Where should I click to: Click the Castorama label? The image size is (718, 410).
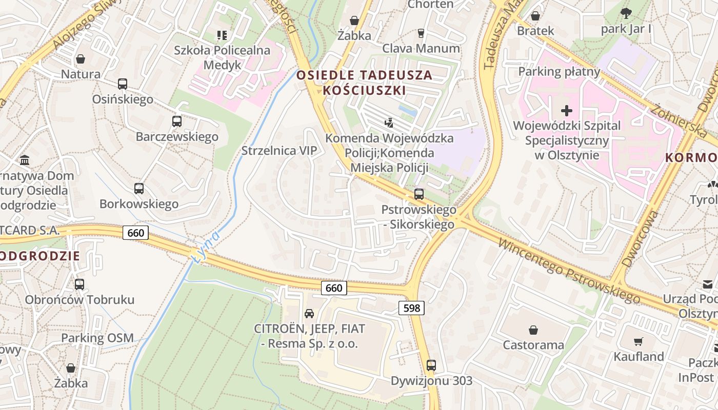[x=533, y=345]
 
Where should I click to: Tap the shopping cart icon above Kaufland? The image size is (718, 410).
[x=639, y=341]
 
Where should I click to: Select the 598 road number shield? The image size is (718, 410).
[x=411, y=308]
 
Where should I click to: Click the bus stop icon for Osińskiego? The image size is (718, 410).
[x=123, y=84]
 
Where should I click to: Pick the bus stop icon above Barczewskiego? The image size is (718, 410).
[x=177, y=121]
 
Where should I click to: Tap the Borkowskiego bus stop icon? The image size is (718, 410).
[x=139, y=189]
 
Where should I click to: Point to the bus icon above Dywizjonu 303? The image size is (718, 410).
[x=431, y=365]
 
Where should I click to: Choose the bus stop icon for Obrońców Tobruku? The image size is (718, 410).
[x=79, y=284]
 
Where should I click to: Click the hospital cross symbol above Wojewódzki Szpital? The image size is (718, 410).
[x=567, y=111]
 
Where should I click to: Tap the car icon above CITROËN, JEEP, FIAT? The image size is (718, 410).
[x=309, y=314]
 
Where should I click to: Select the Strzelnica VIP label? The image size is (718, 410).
[x=280, y=151]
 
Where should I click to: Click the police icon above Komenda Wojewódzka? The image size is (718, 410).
[x=389, y=122]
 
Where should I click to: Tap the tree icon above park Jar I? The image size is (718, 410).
[x=626, y=13]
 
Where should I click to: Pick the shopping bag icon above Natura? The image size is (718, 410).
[x=81, y=59]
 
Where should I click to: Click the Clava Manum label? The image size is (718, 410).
[x=421, y=48]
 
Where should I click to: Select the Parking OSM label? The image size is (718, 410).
[x=97, y=338]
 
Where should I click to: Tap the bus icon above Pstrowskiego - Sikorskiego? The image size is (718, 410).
[x=419, y=194]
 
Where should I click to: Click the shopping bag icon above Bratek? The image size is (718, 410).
[x=535, y=16]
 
